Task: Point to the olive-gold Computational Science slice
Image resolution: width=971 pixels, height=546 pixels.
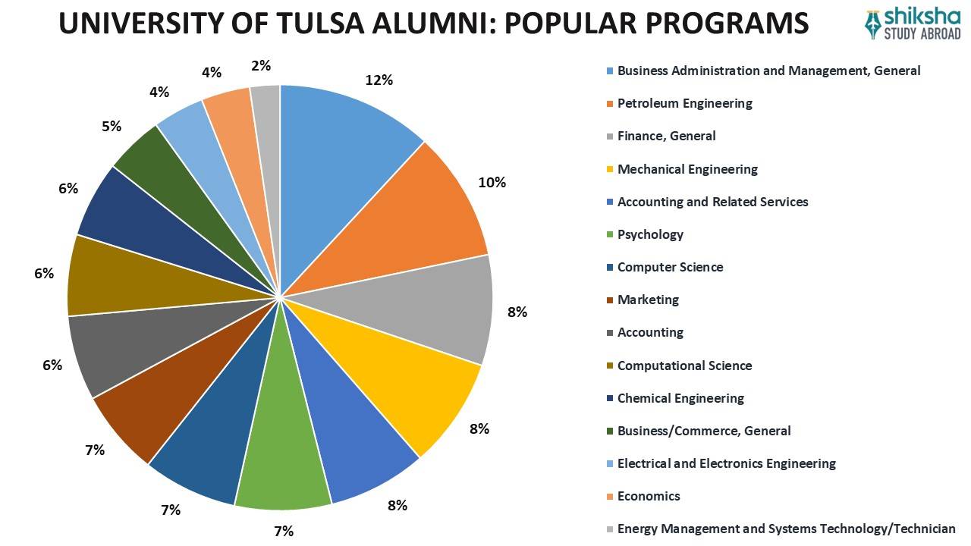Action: (129, 277)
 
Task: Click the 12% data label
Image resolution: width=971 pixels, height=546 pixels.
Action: (378, 80)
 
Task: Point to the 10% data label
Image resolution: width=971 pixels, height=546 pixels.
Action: (492, 182)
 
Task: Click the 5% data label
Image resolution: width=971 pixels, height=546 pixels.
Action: (112, 127)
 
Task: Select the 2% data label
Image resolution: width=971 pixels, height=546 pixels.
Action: (261, 66)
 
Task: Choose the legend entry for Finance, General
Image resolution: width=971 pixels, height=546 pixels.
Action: (666, 136)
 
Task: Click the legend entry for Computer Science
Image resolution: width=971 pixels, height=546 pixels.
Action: (670, 267)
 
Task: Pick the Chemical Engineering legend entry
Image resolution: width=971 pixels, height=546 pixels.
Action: (680, 398)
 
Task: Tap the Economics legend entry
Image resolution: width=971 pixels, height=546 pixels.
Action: (649, 496)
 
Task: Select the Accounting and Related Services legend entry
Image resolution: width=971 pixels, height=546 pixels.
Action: (712, 202)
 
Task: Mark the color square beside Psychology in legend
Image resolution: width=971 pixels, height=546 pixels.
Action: (610, 235)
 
